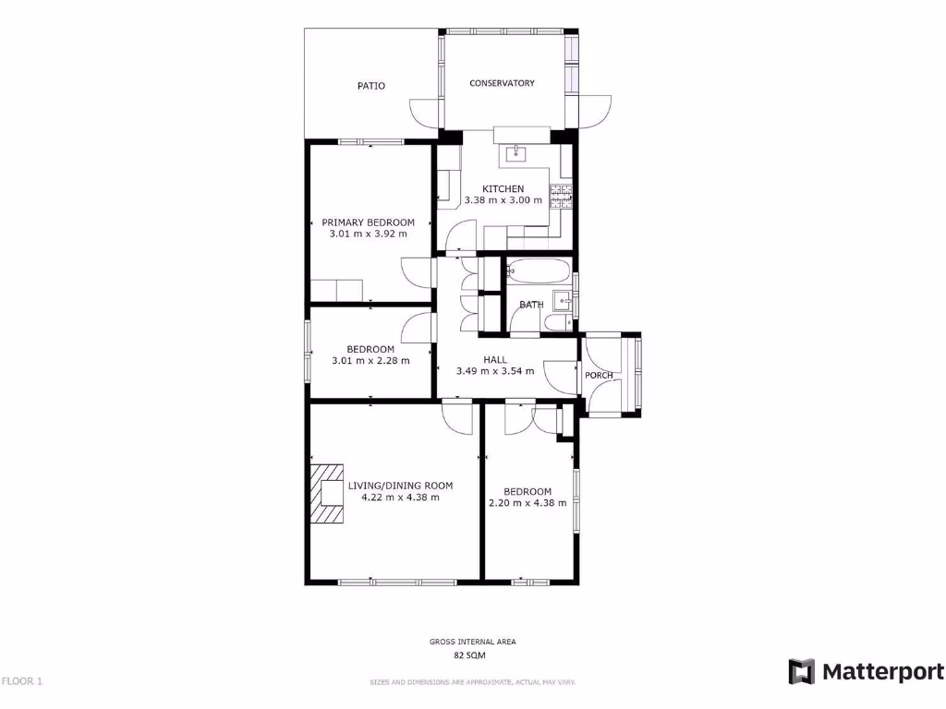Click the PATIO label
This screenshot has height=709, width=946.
[x=371, y=86]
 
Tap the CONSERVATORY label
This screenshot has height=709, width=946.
[x=502, y=83]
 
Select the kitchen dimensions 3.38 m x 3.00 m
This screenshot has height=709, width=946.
[x=503, y=199]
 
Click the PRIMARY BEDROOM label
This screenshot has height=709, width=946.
[x=368, y=222]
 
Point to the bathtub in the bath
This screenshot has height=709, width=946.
[x=540, y=271]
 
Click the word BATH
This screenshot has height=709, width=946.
[x=531, y=305]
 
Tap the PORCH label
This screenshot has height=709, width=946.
[x=599, y=375]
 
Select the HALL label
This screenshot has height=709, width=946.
[x=495, y=360]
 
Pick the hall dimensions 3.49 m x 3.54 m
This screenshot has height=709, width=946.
[x=495, y=371]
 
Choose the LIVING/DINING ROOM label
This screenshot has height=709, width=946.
[x=400, y=486]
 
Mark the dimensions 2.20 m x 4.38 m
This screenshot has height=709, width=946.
[x=527, y=503]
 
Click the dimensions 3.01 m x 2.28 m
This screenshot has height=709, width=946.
[x=370, y=360]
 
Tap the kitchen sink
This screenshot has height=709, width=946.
[x=514, y=152]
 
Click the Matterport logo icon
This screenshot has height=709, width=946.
[x=801, y=671]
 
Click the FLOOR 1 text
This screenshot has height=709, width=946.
[x=22, y=681]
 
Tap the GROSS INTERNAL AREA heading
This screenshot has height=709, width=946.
[x=472, y=642]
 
